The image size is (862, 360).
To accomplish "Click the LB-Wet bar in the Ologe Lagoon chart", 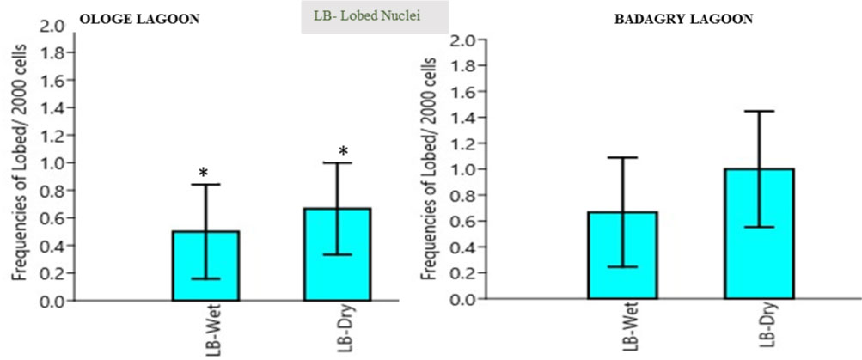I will (206, 266).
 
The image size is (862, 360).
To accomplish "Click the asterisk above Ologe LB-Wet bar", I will (204, 173).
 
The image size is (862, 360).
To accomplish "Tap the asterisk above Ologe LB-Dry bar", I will (343, 152).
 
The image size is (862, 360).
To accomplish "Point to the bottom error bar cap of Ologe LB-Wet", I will (206, 278).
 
